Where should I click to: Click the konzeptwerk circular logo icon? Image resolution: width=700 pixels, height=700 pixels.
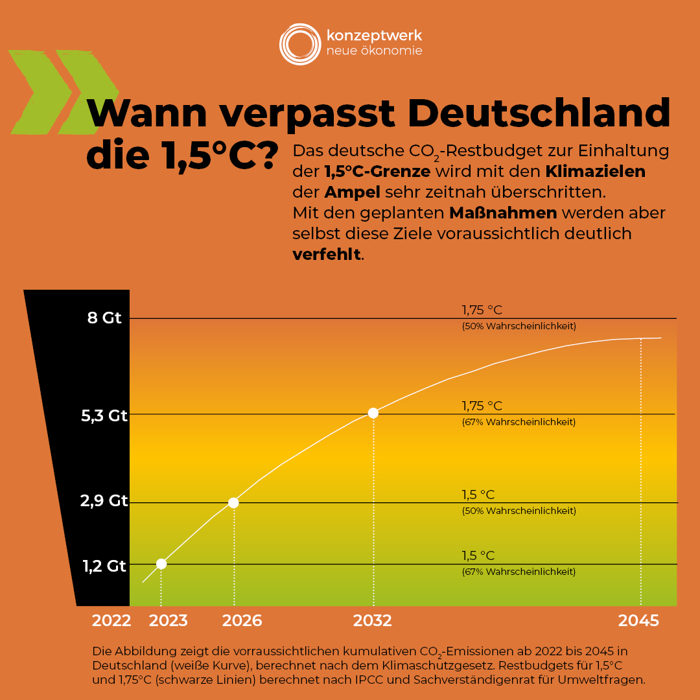[x=299, y=44]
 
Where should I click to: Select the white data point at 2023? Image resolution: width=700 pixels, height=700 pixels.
[x=161, y=564]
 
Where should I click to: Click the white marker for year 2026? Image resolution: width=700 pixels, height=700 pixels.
[x=233, y=502]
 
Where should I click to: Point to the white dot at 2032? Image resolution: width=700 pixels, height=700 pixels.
[x=373, y=413]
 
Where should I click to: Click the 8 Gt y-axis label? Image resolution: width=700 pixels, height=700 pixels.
[x=104, y=318]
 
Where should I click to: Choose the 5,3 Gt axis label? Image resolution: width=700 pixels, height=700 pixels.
[x=104, y=416]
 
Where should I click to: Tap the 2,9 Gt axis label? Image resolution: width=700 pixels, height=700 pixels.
[x=104, y=501]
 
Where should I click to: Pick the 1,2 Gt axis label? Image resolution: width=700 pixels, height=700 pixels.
[x=104, y=566]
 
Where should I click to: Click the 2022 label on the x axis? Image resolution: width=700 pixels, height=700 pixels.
[x=111, y=621]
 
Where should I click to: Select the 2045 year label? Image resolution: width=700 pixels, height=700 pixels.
[x=638, y=621]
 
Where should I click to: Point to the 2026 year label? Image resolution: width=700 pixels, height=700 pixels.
[x=242, y=621]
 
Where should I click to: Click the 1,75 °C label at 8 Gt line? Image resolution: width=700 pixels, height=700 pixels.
[x=482, y=310]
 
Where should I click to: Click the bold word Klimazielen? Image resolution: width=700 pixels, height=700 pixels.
[x=595, y=172]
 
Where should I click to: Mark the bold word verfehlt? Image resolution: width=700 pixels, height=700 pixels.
[x=327, y=255]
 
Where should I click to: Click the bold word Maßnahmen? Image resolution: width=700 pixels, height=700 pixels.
[x=503, y=213]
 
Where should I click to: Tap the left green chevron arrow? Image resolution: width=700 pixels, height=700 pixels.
[x=39, y=92]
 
